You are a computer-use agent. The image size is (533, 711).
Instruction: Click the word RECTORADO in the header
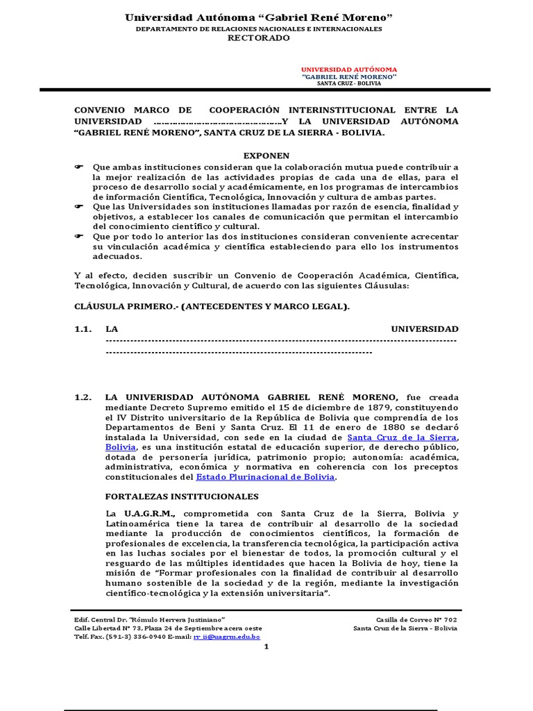(x=259, y=38)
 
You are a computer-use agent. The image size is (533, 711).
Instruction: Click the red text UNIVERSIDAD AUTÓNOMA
(x=348, y=69)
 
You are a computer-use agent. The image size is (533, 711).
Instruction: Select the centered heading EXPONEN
(x=266, y=156)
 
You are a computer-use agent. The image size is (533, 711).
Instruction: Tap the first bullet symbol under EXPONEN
(x=78, y=167)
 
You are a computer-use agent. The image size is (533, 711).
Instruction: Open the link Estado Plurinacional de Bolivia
(x=266, y=477)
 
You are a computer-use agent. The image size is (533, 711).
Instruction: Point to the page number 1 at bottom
(x=266, y=647)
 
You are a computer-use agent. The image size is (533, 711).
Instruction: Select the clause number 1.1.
(x=83, y=328)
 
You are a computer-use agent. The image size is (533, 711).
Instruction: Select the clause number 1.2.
(x=83, y=397)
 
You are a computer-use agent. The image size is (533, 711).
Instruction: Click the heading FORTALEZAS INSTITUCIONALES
(x=182, y=496)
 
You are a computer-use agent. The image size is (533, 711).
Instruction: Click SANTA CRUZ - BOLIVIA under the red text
(x=348, y=83)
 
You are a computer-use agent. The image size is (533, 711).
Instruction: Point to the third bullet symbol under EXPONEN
(x=78, y=236)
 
